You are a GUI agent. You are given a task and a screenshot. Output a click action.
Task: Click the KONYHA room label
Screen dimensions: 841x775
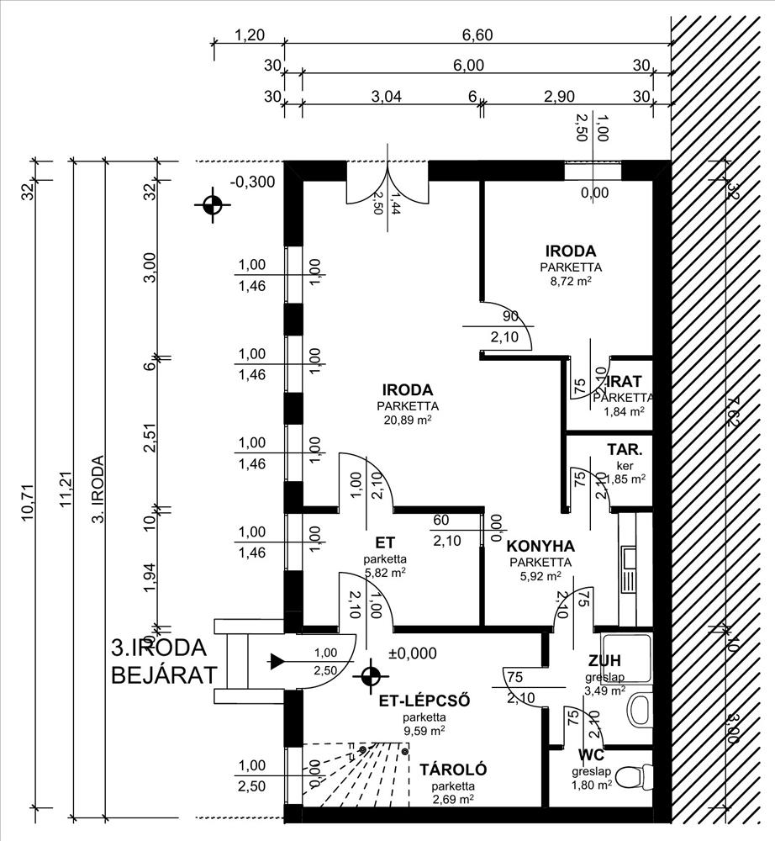(x=541, y=544)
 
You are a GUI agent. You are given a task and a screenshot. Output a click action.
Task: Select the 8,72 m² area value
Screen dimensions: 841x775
(x=571, y=282)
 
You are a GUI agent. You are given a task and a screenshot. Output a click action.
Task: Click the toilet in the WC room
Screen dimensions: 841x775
(x=642, y=771)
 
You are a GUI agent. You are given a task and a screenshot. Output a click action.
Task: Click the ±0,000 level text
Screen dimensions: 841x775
(x=413, y=653)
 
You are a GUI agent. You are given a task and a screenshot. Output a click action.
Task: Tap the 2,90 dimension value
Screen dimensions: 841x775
(x=559, y=96)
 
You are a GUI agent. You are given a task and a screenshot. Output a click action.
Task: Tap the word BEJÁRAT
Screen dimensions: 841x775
(x=164, y=674)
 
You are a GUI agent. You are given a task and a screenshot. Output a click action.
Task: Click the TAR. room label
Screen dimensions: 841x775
(x=625, y=449)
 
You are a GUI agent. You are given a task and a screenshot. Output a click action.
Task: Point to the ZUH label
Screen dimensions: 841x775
(x=605, y=660)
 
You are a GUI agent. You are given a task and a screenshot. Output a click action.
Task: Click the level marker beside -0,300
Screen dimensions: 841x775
(x=211, y=204)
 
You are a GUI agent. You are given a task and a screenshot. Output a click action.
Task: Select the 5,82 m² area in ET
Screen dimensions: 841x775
(x=385, y=572)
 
